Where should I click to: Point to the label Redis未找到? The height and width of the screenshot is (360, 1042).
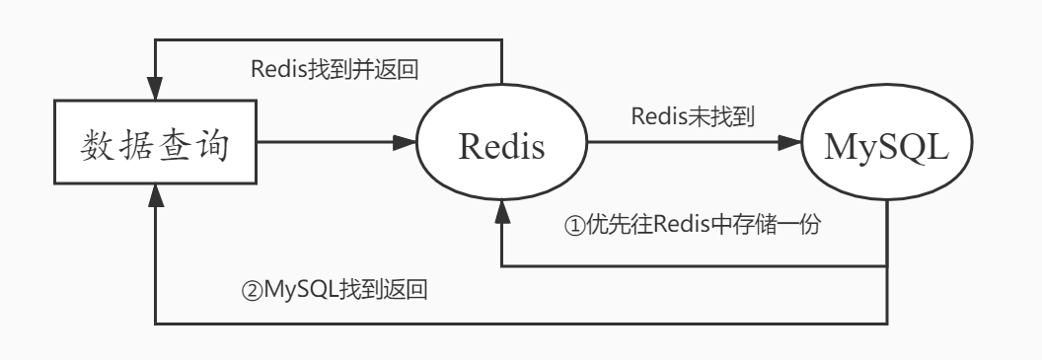pyautogui.click(x=693, y=117)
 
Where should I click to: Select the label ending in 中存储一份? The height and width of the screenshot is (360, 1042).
pyautogui.click(x=693, y=224)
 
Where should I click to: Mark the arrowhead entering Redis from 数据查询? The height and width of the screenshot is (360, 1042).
pyautogui.click(x=405, y=144)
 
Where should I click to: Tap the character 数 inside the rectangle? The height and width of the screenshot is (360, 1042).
pyautogui.click(x=95, y=149)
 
